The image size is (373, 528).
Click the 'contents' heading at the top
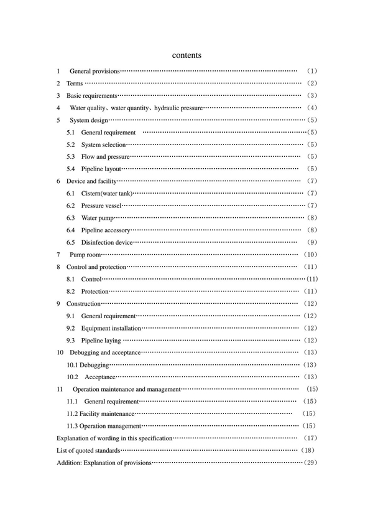(186, 55)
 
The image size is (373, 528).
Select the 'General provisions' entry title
(94, 72)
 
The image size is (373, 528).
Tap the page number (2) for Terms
(312, 83)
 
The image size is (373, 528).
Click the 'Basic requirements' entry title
(91, 96)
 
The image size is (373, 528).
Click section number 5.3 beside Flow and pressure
(70, 156)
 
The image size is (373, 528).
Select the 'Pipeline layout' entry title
(101, 169)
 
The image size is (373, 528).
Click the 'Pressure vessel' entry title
(102, 205)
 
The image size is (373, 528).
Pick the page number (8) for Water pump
(313, 217)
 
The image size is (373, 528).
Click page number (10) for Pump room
(311, 254)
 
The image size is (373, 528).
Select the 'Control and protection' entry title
(96, 266)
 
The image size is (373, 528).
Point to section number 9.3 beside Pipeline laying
(70, 340)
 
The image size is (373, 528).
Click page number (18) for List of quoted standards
(308, 450)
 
